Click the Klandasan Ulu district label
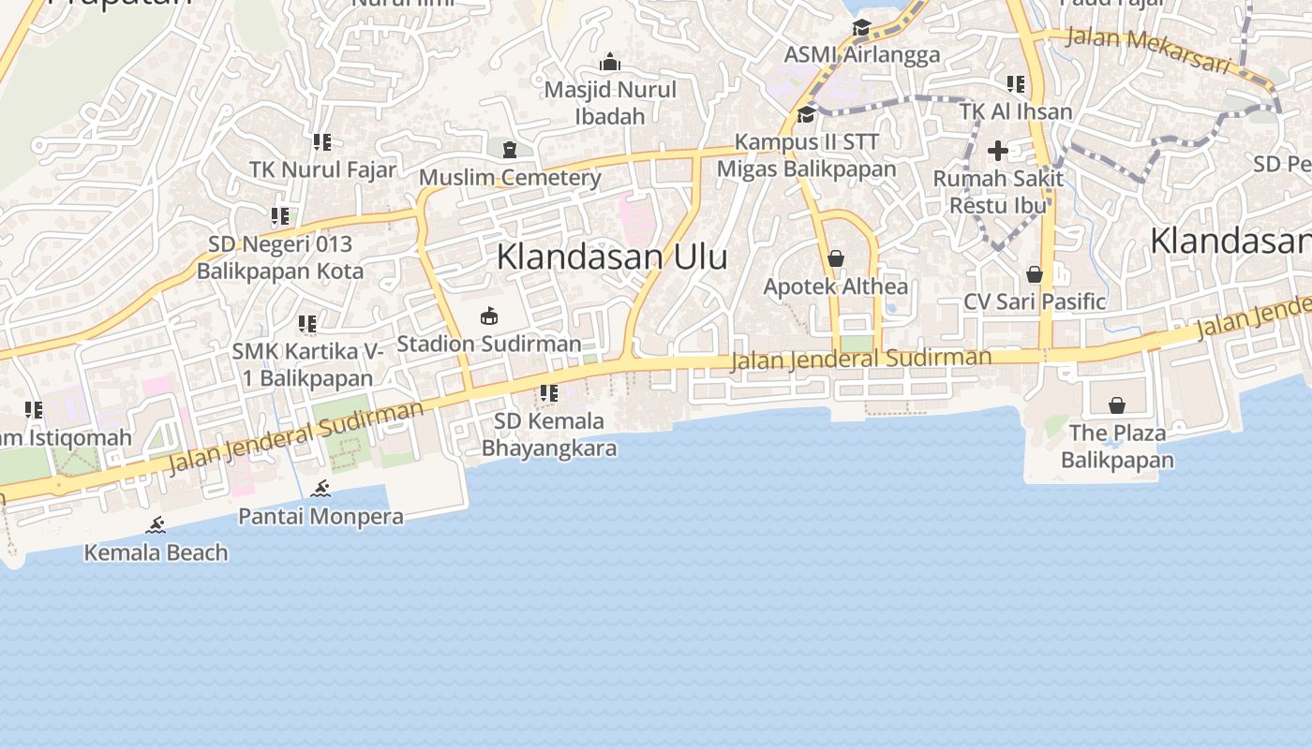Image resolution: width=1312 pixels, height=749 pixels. tap(611, 257)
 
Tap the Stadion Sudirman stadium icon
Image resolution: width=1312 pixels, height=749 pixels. tap(488, 316)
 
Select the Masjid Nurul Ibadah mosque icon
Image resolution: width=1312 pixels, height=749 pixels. tap(610, 63)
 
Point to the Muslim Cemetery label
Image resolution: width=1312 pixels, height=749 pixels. tap(510, 177)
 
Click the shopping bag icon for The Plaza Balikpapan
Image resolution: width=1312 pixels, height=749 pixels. tap(1116, 405)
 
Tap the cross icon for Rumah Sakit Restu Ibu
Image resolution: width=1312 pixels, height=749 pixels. tap(998, 150)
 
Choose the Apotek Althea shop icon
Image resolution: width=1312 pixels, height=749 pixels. tap(835, 258)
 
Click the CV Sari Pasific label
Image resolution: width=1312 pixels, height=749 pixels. tap(1035, 301)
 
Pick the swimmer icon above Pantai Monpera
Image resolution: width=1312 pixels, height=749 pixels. tap(321, 489)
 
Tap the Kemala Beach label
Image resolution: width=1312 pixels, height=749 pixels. tap(156, 552)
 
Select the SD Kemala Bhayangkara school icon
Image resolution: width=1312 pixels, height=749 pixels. tap(548, 393)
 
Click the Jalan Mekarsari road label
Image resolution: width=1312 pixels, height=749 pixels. tap(1147, 50)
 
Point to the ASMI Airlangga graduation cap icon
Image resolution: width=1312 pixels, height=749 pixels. tap(861, 28)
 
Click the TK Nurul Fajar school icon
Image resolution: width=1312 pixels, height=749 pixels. tap(321, 142)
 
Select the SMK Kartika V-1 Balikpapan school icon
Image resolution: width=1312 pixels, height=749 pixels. tap(306, 324)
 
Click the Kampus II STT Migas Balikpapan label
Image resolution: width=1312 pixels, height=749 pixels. tap(806, 155)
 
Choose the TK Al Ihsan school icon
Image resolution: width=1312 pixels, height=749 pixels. tap(1015, 84)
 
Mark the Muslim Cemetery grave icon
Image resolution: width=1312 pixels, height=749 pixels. tap(509, 150)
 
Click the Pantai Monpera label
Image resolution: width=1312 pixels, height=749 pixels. tap(321, 516)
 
